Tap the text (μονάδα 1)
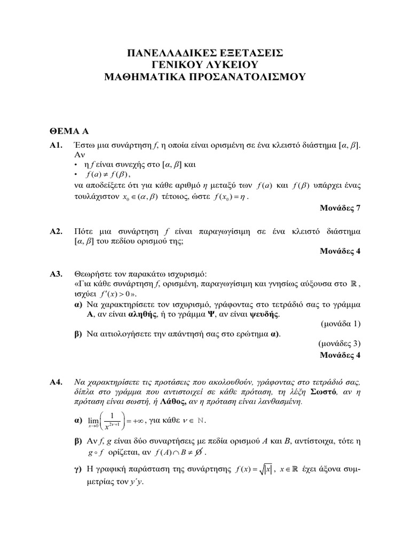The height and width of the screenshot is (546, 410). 341,323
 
